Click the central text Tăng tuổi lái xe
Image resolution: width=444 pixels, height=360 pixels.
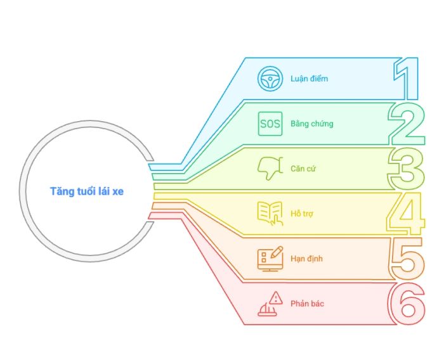(87, 191)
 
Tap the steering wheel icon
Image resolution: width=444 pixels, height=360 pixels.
(270, 79)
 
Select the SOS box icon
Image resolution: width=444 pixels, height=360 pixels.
(270, 124)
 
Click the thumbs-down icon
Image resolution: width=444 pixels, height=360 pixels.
(270, 169)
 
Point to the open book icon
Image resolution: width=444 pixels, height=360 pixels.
(270, 214)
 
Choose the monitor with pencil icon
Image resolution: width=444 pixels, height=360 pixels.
(270, 259)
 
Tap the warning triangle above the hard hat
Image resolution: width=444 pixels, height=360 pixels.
(276, 299)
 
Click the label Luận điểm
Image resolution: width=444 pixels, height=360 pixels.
(310, 79)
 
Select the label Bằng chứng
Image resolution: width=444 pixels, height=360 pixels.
(312, 124)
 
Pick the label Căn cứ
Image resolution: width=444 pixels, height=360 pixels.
(303, 169)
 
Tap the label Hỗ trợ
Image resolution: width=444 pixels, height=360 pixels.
(302, 214)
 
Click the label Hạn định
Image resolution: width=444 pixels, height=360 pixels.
(306, 259)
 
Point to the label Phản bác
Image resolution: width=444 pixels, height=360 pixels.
(307, 304)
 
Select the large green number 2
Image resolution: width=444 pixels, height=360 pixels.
(407, 124)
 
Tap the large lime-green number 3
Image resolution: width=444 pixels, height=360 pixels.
(407, 169)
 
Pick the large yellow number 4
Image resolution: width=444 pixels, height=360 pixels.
(406, 214)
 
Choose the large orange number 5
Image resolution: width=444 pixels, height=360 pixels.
(407, 259)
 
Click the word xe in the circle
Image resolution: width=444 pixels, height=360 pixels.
(118, 191)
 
